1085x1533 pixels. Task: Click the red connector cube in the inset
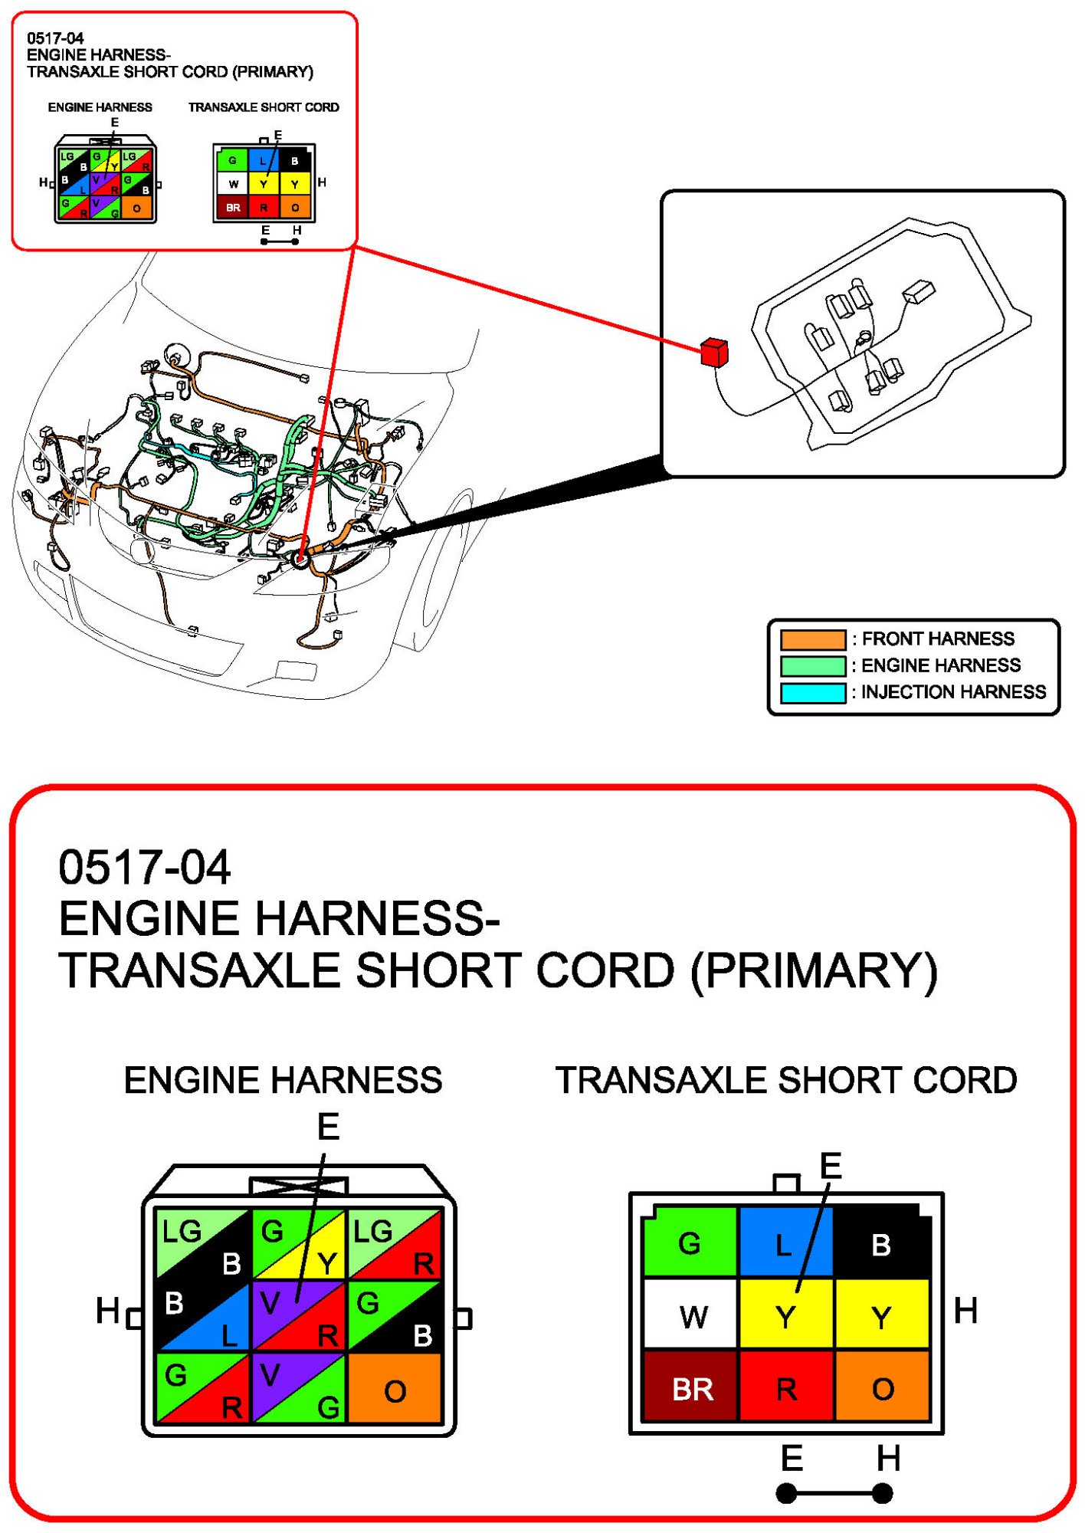(713, 353)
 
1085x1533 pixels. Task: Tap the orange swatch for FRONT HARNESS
(812, 639)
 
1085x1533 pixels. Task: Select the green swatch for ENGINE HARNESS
(812, 665)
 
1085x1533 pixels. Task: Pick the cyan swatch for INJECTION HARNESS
(812, 692)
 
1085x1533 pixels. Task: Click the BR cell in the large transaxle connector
(692, 1388)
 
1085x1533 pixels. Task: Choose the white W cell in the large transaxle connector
(692, 1317)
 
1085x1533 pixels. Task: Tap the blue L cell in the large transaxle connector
(785, 1244)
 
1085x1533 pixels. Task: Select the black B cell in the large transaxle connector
(881, 1244)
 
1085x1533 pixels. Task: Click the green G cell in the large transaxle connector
(690, 1242)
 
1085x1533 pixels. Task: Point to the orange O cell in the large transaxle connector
(882, 1388)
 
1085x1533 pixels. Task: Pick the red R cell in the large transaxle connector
(786, 1388)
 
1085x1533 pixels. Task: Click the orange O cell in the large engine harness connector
(395, 1390)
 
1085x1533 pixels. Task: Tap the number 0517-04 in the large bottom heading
(144, 867)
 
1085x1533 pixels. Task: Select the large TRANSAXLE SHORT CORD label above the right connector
(786, 1080)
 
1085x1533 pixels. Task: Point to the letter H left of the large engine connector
(107, 1310)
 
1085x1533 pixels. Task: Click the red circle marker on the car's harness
(300, 560)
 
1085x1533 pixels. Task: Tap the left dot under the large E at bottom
(786, 1493)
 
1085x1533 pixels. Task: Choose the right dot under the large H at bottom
(883, 1493)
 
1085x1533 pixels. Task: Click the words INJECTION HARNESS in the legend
(953, 692)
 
